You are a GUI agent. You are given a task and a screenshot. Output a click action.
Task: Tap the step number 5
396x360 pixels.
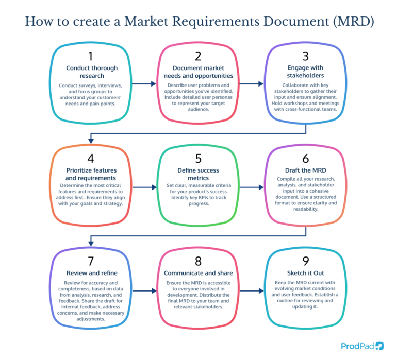click(x=198, y=158)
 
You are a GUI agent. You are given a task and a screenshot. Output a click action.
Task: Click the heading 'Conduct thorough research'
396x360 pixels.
click(x=92, y=72)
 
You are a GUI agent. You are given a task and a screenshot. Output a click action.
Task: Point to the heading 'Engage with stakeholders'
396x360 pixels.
click(x=305, y=72)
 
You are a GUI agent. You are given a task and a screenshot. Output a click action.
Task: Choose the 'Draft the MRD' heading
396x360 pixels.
click(x=305, y=170)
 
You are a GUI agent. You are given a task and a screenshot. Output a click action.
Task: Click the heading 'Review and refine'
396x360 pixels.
click(x=91, y=272)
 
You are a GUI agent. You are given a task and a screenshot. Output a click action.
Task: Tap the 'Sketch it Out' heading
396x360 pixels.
click(x=305, y=272)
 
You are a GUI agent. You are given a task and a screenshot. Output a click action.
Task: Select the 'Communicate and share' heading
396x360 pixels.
click(x=198, y=272)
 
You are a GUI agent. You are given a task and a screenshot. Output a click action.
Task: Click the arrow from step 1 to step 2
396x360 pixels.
click(x=144, y=83)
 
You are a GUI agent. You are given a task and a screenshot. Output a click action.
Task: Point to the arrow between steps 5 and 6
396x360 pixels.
click(x=251, y=187)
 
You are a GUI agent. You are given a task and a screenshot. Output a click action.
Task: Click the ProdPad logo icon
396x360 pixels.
click(x=379, y=346)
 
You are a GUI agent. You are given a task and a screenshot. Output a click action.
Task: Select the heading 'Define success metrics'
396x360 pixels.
click(x=198, y=174)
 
